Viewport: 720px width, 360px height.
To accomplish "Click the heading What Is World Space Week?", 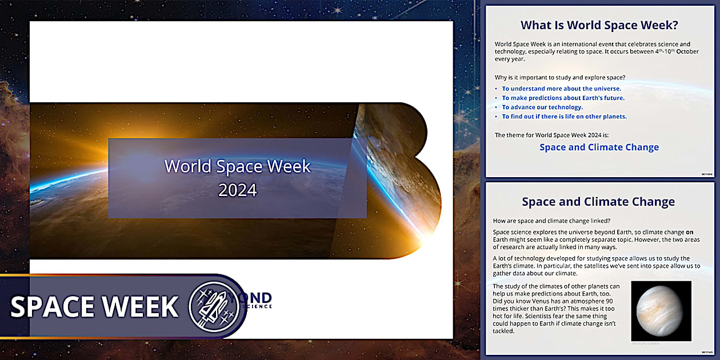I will (x=599, y=25).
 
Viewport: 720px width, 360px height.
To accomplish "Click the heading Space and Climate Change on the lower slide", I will (x=598, y=202).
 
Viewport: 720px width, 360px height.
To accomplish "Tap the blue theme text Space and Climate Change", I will (x=599, y=147).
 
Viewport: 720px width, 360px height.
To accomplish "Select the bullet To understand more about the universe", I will (x=561, y=89).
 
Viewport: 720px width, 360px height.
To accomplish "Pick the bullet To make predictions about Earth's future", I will (x=563, y=98).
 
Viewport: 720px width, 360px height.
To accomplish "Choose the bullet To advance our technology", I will (x=542, y=107).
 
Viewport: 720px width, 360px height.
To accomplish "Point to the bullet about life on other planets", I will (x=564, y=117).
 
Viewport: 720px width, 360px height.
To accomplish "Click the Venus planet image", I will (x=661, y=310).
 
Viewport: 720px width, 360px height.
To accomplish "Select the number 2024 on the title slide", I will (x=238, y=190).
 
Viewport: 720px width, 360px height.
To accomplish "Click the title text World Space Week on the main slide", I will (x=238, y=166).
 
